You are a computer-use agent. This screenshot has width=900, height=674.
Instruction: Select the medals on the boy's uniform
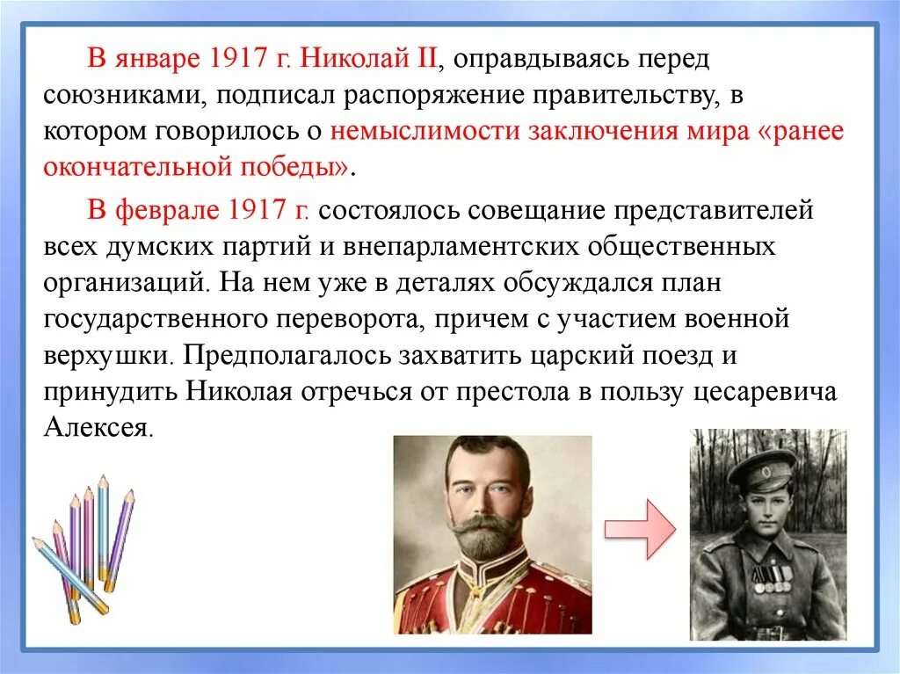[772, 575]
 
